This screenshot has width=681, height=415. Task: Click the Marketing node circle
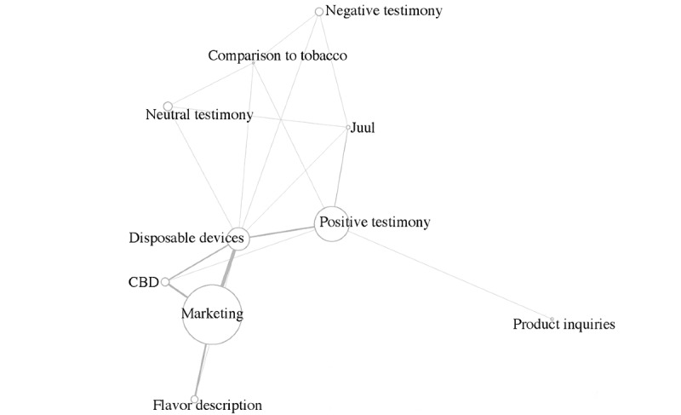pyautogui.click(x=212, y=314)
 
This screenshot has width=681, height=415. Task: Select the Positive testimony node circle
pyautogui.click(x=333, y=223)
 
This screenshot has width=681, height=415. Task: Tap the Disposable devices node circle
pyautogui.click(x=238, y=239)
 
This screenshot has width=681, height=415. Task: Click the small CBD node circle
pyautogui.click(x=166, y=282)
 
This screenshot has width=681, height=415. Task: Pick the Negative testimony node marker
pyautogui.click(x=319, y=12)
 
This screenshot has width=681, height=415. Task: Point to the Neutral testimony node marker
pyautogui.click(x=168, y=106)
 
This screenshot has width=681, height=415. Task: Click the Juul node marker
pyautogui.click(x=348, y=128)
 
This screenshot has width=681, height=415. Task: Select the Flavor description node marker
pyautogui.click(x=195, y=399)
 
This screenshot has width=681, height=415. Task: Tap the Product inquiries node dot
pyautogui.click(x=552, y=320)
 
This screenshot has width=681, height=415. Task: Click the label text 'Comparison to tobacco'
pyautogui.click(x=278, y=56)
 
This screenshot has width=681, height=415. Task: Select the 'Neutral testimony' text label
pyautogui.click(x=199, y=115)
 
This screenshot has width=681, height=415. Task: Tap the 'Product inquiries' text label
pyautogui.click(x=564, y=325)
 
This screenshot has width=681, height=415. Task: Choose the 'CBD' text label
pyautogui.click(x=143, y=282)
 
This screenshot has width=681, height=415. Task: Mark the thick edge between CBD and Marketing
pyautogui.click(x=179, y=291)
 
